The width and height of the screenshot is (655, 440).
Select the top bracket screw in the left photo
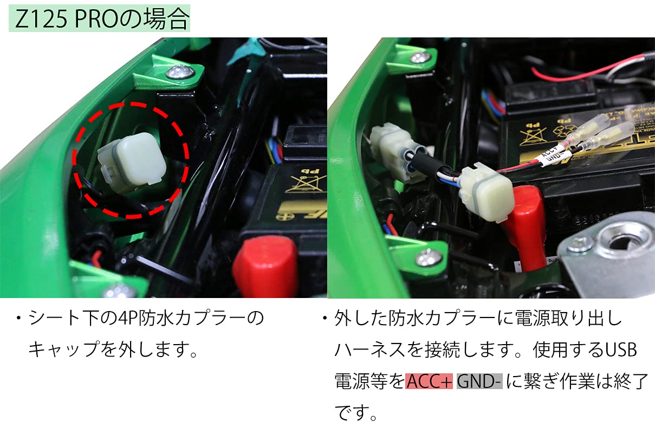(180, 72)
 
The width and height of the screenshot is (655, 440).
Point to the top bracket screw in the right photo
(418, 57)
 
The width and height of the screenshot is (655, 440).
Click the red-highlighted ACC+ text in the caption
(429, 382)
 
